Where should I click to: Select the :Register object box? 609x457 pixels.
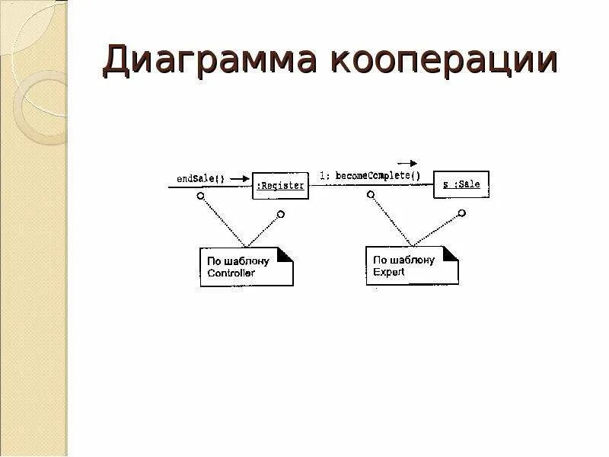tap(280, 185)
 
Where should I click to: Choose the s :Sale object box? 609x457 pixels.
tap(461, 184)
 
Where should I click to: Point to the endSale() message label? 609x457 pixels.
tap(200, 179)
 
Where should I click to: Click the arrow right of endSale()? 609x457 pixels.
tap(239, 179)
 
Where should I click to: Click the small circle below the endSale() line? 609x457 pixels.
tap(200, 196)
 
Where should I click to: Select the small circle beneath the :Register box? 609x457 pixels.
tap(281, 215)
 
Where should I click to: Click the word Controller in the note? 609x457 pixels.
tap(231, 273)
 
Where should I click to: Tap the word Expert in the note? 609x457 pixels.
tap(388, 272)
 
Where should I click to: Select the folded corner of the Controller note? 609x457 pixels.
tap(285, 255)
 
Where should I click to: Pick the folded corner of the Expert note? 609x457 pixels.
tap(451, 254)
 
